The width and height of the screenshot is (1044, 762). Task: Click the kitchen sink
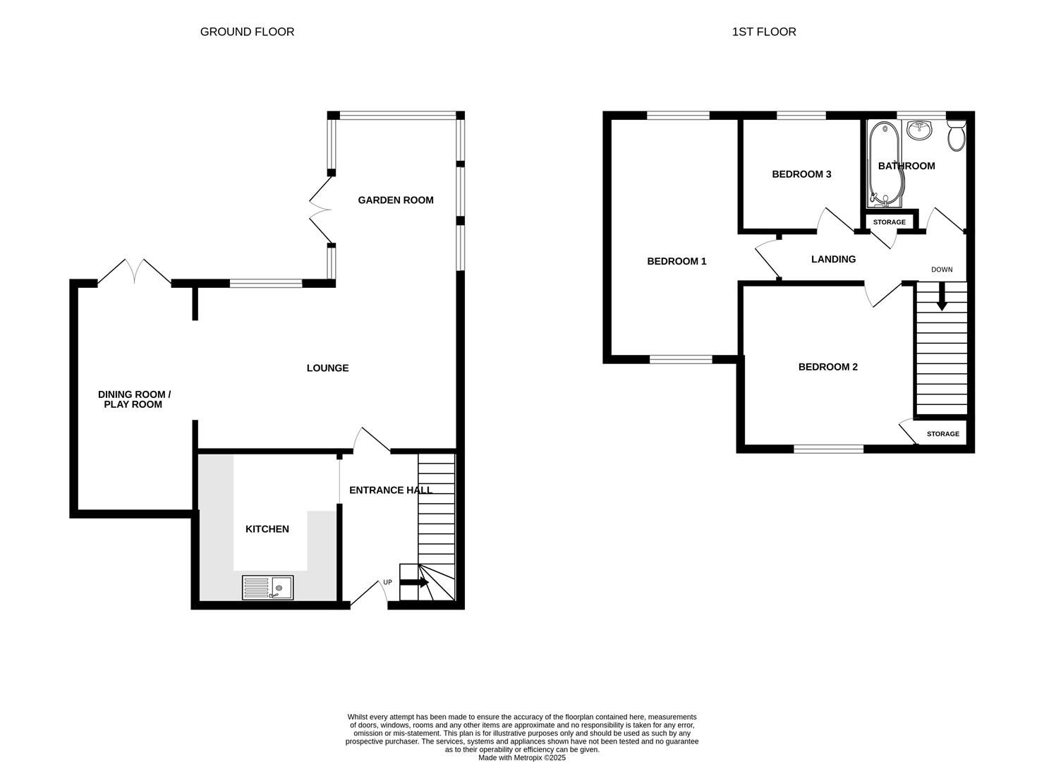(267, 587)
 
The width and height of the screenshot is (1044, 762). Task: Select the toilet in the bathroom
(957, 135)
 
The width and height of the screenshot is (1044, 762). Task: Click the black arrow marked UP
(414, 583)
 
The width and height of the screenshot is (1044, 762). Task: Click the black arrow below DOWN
(942, 301)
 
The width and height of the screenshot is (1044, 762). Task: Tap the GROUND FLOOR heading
(247, 32)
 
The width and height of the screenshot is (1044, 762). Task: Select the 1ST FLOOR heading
(764, 32)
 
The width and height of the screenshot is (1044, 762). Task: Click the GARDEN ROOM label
(395, 200)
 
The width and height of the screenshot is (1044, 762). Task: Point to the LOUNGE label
(327, 368)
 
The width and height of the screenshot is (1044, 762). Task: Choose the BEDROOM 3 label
(801, 174)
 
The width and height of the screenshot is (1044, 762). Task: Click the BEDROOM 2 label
(827, 367)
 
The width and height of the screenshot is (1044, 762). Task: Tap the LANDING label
(833, 260)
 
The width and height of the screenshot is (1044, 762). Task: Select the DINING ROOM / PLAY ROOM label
(134, 399)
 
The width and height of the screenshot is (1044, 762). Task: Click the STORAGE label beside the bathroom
(889, 222)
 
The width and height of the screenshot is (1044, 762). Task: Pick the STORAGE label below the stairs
(942, 434)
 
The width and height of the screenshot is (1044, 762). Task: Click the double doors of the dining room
(134, 272)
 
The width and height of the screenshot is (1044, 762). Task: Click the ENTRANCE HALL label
(390, 490)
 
